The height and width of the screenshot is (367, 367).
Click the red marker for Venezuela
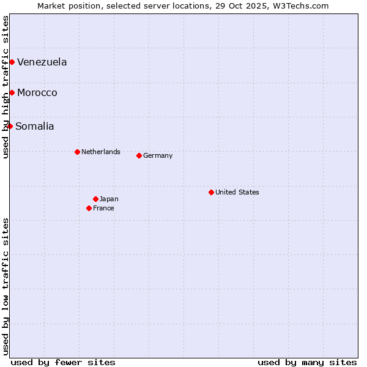(x=12, y=62)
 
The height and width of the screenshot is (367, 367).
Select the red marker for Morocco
(x=12, y=92)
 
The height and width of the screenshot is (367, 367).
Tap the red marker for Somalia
(x=10, y=126)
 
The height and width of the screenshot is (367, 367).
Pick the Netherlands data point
(x=77, y=152)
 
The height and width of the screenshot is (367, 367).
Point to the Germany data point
(x=139, y=155)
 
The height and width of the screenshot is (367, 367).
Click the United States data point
(x=211, y=192)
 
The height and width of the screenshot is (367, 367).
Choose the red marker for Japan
(x=95, y=199)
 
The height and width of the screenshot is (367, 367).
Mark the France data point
(x=89, y=208)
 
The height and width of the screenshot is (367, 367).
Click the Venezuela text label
(x=42, y=62)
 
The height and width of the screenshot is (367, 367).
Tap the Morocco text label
(x=37, y=92)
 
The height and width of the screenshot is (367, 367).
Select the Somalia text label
(x=35, y=126)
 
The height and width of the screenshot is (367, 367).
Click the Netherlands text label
(x=101, y=152)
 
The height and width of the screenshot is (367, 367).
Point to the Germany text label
(x=158, y=155)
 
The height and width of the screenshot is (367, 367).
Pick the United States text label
(x=237, y=192)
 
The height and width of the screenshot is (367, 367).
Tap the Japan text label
(x=109, y=199)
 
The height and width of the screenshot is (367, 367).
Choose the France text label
(x=103, y=208)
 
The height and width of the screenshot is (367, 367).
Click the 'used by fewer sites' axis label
(x=63, y=362)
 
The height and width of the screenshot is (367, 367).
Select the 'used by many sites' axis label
(x=307, y=362)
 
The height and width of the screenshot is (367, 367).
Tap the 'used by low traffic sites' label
(x=6, y=286)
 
